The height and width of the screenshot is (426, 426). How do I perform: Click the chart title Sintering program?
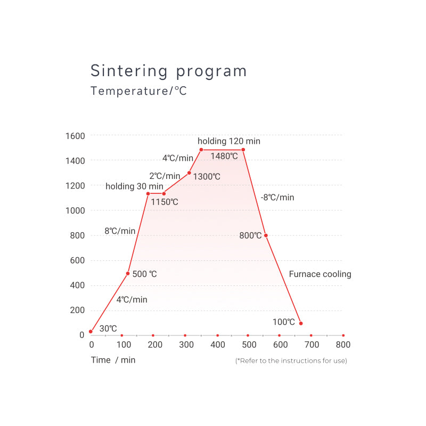point(168,71)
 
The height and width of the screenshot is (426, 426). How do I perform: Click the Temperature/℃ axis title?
point(138,91)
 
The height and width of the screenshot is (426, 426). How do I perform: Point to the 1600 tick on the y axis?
point(75,136)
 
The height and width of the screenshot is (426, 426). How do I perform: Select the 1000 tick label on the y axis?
point(75,210)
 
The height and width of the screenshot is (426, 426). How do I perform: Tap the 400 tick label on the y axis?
point(77,285)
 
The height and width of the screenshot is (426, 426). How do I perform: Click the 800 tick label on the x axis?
point(343,345)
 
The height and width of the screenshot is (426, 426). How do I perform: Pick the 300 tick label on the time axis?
point(186,345)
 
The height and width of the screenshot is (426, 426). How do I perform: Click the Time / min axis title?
point(113,360)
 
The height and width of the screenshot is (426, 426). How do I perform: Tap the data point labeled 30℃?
point(91,331)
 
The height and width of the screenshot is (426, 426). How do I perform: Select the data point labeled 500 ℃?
point(128,273)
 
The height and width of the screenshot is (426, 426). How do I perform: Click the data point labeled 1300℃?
point(189,173)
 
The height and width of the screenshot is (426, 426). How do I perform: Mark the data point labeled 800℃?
point(266,235)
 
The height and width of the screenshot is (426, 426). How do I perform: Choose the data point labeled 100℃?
point(301,323)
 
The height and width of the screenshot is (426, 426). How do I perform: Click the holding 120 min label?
point(229,141)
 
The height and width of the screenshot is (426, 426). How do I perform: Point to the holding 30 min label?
point(134,186)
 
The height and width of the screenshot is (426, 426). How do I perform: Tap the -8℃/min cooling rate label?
point(277,198)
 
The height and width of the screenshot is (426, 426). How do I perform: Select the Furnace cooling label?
point(320,274)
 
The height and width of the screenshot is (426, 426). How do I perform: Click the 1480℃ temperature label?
point(224,156)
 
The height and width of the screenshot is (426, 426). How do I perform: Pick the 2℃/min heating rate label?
point(165,176)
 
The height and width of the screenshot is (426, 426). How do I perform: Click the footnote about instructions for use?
point(291,361)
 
